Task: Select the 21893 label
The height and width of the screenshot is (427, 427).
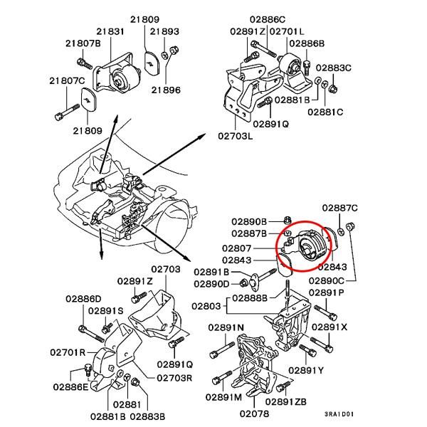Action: click(x=165, y=31)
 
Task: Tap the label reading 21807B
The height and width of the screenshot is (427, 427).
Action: click(x=84, y=44)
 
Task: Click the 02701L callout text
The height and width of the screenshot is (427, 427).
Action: click(x=288, y=31)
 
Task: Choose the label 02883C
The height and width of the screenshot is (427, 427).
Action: click(x=334, y=68)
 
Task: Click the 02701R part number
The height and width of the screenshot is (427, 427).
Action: click(x=68, y=352)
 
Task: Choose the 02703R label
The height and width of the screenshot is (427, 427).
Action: click(x=174, y=377)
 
